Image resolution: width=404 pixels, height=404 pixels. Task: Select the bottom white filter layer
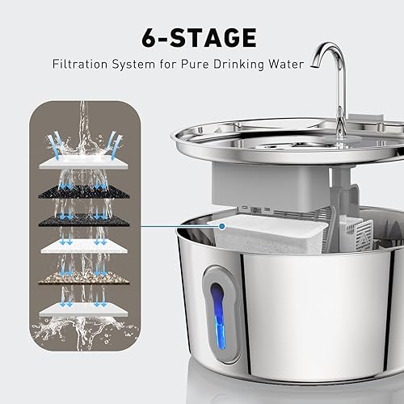coord(84,309)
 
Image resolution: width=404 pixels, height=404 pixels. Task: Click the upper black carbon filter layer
coord(84,191)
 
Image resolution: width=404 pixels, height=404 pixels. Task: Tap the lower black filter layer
coord(84,219)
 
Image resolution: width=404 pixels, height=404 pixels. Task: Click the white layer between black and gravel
coord(84,246)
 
